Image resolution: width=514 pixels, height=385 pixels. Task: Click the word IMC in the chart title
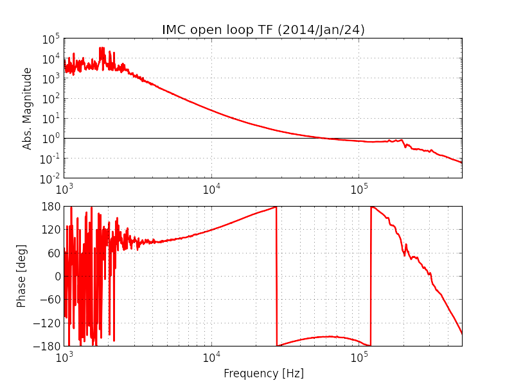click(174, 30)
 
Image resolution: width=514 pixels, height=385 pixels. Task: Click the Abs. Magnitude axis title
click(28, 108)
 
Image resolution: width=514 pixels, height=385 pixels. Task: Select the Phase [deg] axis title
click(22, 276)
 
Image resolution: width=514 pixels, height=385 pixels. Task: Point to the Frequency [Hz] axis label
click(263, 373)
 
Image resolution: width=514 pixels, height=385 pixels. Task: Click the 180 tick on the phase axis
click(52, 207)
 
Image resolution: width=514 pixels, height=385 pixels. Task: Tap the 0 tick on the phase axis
click(57, 277)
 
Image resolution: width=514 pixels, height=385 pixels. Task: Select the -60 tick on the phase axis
click(52, 300)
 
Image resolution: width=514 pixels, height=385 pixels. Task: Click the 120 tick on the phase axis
click(52, 230)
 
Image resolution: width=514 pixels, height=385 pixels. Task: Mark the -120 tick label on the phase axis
click(50, 323)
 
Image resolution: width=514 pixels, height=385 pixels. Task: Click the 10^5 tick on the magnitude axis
click(51, 39)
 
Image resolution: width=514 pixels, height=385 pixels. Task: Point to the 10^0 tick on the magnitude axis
click(51, 138)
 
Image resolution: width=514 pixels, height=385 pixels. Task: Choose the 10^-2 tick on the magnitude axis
click(50, 178)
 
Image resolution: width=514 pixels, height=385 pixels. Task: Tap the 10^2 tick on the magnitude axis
click(51, 98)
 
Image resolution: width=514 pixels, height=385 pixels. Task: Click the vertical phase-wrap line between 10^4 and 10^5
click(276, 276)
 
